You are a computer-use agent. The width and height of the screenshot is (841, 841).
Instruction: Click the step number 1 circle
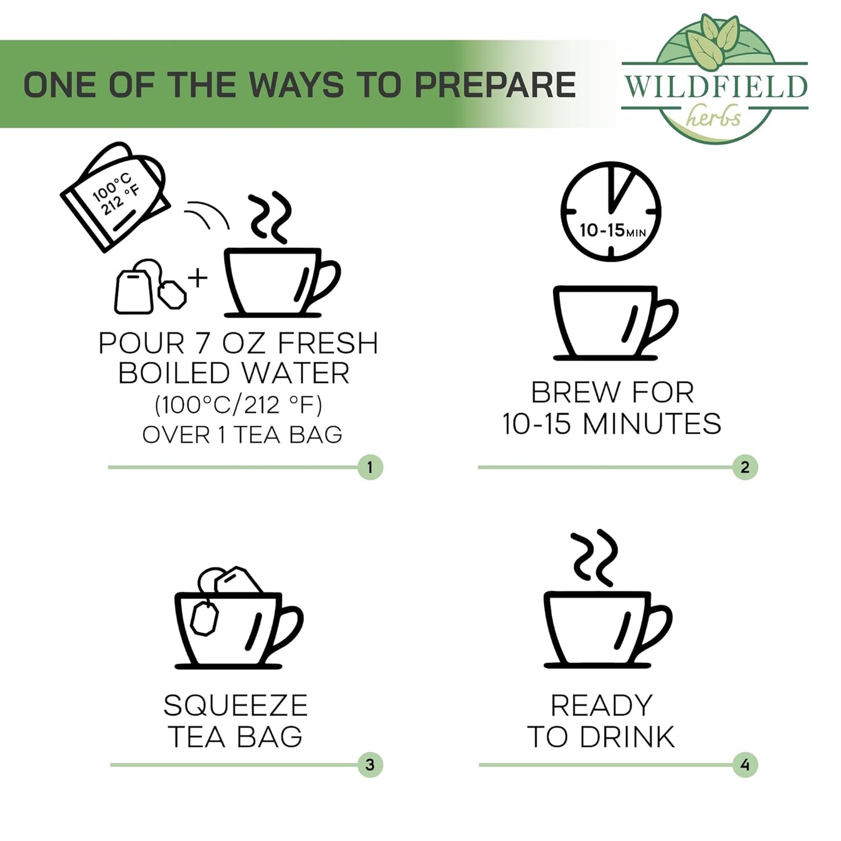point(370,467)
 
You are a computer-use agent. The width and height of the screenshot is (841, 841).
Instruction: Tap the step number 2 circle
point(745,467)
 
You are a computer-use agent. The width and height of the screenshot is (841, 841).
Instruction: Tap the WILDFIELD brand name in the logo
point(716,86)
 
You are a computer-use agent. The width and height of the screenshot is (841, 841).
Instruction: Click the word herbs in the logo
point(714,118)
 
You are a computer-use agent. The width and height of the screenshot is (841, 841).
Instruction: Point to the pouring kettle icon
point(115,196)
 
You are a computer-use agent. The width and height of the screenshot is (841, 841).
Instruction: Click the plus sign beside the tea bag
point(198,278)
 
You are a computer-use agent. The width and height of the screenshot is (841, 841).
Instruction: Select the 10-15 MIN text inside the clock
point(612,230)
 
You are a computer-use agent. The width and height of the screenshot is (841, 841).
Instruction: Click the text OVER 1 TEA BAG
point(242,435)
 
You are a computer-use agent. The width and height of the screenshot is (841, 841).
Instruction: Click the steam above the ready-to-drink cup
point(594,559)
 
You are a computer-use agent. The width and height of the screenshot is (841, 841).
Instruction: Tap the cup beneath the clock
point(615,323)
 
